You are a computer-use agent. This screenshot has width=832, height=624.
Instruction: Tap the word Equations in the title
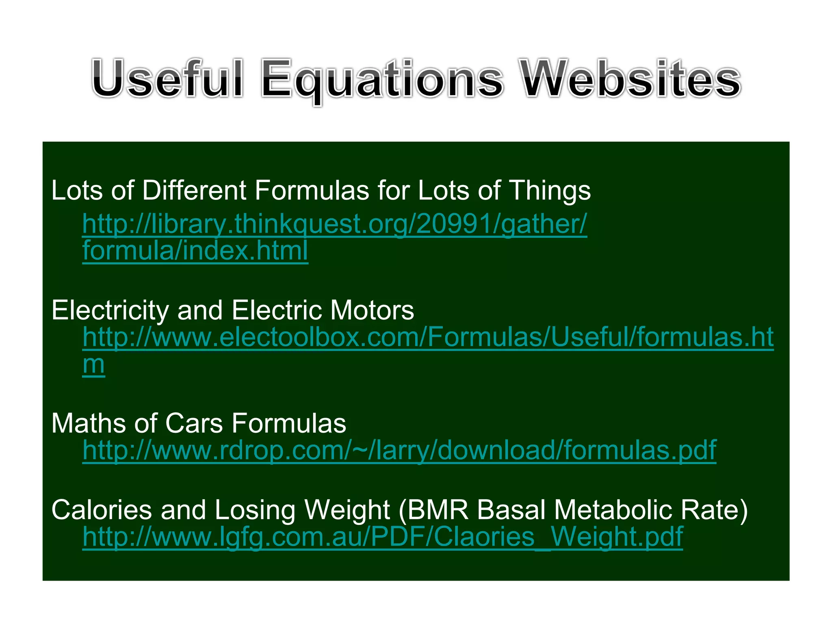click(x=382, y=79)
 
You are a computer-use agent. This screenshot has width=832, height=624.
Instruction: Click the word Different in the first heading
click(x=194, y=190)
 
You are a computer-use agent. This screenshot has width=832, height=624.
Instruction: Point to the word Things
click(x=550, y=191)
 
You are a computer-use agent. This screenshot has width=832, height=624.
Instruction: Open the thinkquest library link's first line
click(x=334, y=224)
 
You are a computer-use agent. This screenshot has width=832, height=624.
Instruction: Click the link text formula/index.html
click(x=195, y=251)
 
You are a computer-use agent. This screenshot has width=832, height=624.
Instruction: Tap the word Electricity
click(x=110, y=310)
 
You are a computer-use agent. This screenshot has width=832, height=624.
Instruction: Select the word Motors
click(x=372, y=310)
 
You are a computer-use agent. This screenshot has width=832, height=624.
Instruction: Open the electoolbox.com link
click(x=428, y=337)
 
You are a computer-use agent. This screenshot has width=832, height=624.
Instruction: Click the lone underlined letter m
click(x=93, y=364)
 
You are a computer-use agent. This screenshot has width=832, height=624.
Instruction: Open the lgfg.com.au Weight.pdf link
click(x=382, y=537)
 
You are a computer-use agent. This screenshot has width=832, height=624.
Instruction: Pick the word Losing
click(x=255, y=511)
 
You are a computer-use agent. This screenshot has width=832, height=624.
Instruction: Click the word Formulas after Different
click(x=312, y=190)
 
